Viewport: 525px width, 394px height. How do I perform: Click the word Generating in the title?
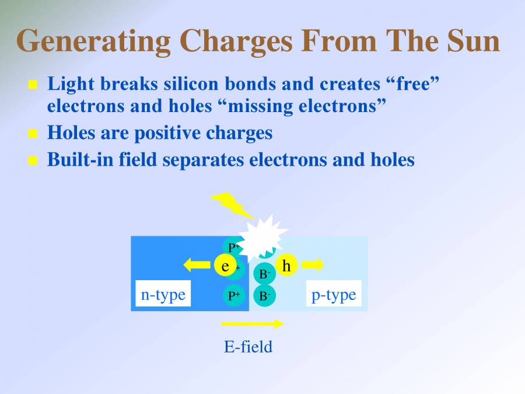(x=94, y=41)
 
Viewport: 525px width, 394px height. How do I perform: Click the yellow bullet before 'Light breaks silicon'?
(x=33, y=85)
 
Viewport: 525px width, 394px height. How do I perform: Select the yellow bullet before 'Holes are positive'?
(x=33, y=134)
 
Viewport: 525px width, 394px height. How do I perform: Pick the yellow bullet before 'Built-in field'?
(x=33, y=160)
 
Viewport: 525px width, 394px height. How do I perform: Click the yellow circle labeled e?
(x=225, y=266)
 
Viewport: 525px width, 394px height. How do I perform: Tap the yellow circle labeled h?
(x=286, y=266)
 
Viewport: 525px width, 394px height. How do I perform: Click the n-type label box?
(x=163, y=295)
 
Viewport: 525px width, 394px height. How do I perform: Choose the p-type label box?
(x=334, y=295)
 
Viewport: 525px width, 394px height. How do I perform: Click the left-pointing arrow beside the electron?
(x=197, y=266)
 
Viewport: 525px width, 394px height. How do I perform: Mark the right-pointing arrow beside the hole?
(x=313, y=265)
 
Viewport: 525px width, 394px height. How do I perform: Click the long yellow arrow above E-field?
(x=252, y=323)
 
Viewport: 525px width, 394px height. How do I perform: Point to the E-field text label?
(x=249, y=347)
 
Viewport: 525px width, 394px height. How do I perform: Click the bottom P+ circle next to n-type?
(x=234, y=296)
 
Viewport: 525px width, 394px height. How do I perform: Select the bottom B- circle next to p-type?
(x=264, y=296)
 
